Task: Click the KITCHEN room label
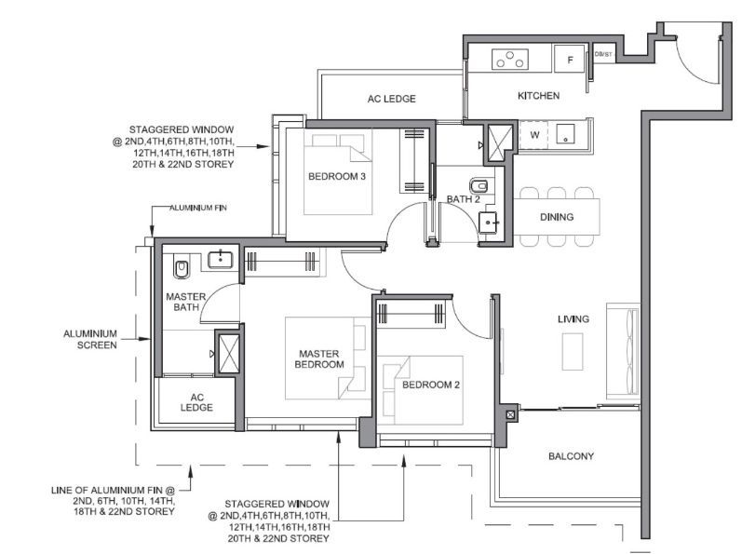tap(538, 96)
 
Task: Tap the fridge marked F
tap(570, 60)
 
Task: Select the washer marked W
tap(533, 135)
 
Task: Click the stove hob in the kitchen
tap(510, 60)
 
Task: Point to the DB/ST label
tap(603, 54)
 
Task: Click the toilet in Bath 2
tap(479, 185)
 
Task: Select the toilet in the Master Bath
tap(182, 269)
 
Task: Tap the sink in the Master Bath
tap(221, 260)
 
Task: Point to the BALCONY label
tap(572, 456)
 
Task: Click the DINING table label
tap(557, 217)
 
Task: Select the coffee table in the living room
tap(573, 352)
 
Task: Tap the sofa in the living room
tap(623, 351)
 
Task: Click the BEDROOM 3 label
tap(336, 177)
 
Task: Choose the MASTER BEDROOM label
tap(319, 359)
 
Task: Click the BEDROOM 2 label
tap(431, 385)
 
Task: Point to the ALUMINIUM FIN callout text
tap(198, 208)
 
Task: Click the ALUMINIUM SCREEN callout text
tap(90, 339)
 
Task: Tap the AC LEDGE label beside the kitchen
tap(391, 99)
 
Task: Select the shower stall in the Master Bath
tap(227, 354)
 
